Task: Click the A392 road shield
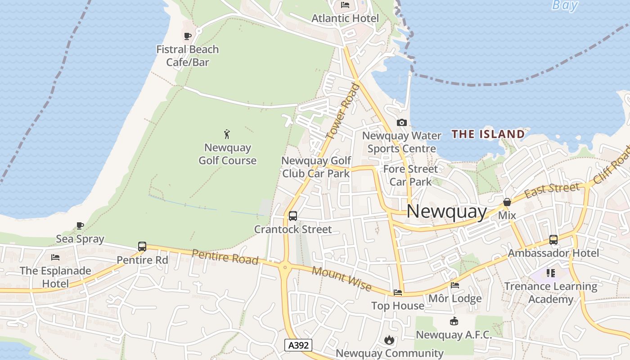[298, 345]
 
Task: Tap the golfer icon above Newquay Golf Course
[227, 134]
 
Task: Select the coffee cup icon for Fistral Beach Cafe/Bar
[188, 36]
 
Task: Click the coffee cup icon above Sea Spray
[80, 225]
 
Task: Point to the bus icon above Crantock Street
[293, 216]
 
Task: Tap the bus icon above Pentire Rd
[142, 247]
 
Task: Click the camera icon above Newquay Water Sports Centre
[401, 122]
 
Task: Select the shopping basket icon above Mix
[507, 202]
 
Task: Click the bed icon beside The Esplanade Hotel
[55, 257]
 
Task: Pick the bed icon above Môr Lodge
[455, 285]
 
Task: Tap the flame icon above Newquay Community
[389, 340]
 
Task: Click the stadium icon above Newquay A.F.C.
[454, 321]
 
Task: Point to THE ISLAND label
[488, 134]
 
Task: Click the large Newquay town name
[446, 211]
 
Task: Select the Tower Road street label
[342, 111]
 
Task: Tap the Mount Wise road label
[342, 279]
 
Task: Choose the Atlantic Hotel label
[345, 18]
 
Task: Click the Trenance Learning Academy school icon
[551, 273]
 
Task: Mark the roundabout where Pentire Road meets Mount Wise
[284, 267]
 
